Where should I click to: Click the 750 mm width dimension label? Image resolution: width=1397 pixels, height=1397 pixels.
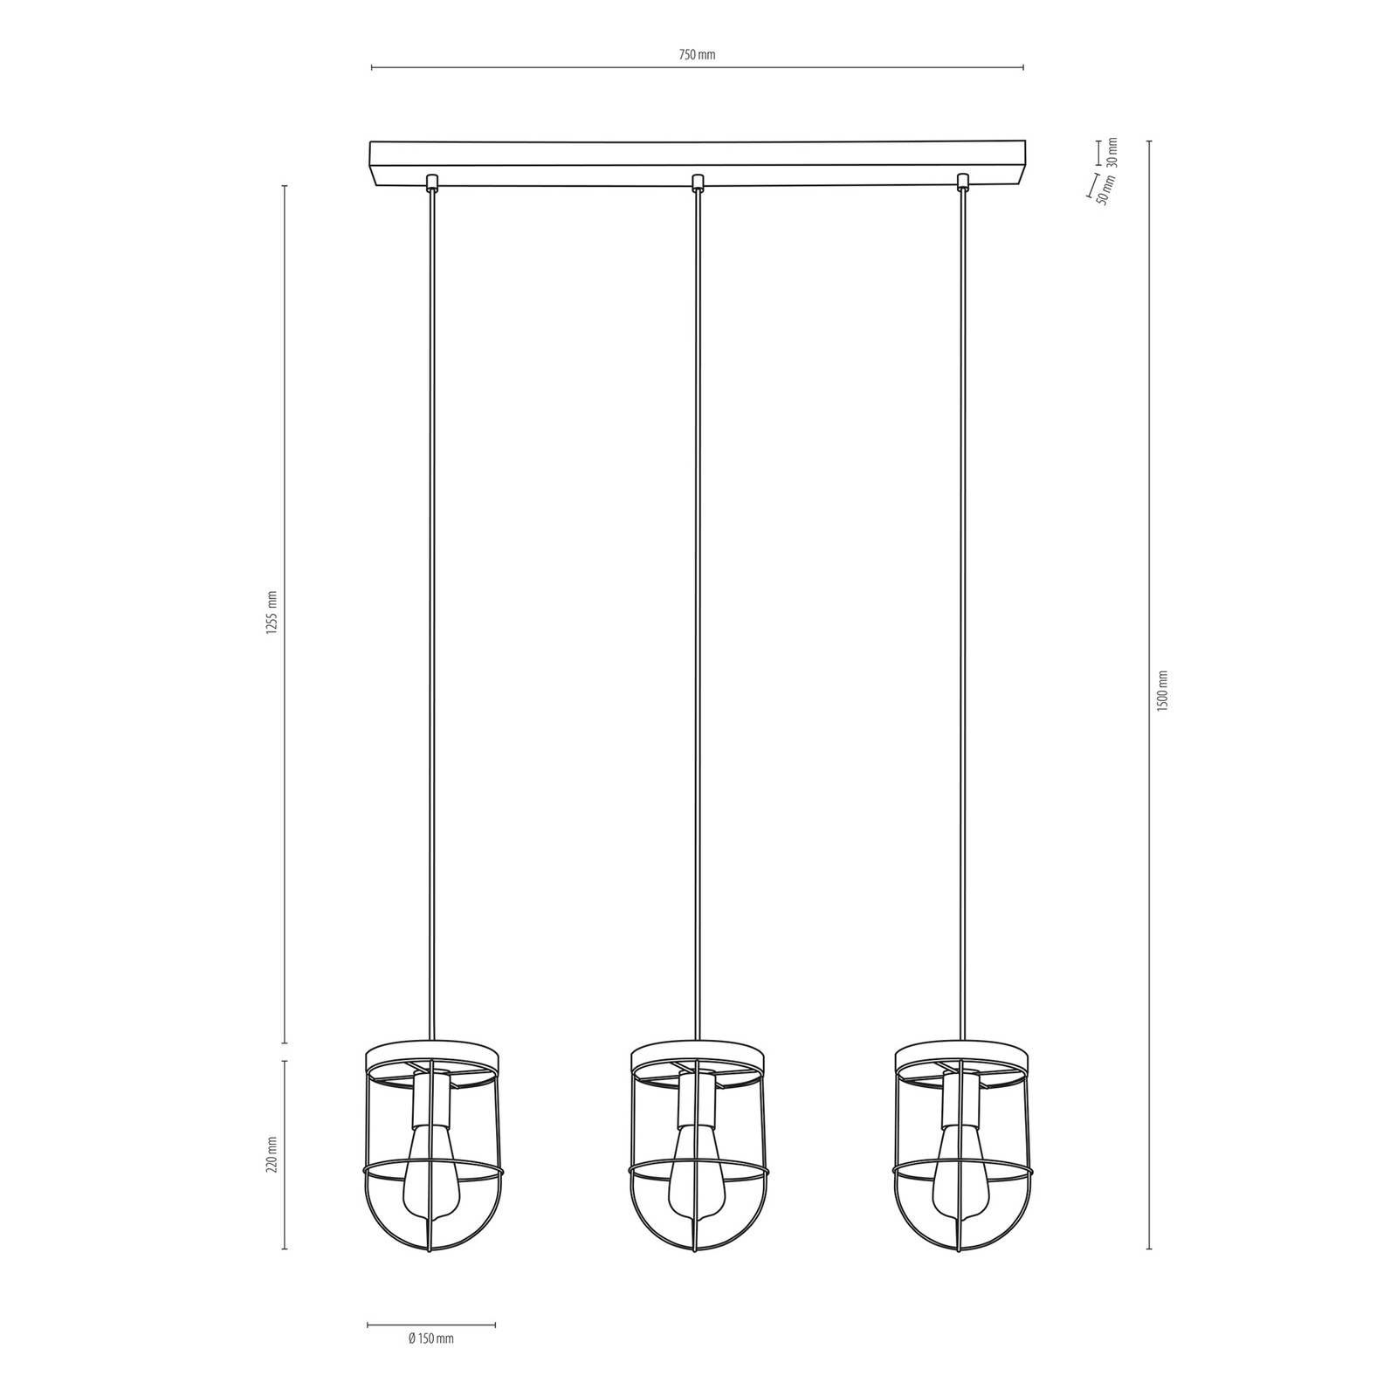click(697, 55)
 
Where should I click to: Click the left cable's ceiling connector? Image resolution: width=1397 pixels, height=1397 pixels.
click(430, 182)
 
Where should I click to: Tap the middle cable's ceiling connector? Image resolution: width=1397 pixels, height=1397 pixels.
click(697, 182)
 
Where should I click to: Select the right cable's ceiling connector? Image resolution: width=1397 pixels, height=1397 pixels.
click(963, 182)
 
